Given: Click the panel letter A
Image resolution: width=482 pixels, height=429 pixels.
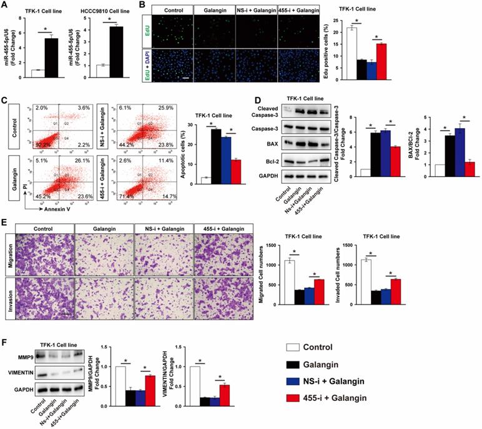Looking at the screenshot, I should coord(6,6).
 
